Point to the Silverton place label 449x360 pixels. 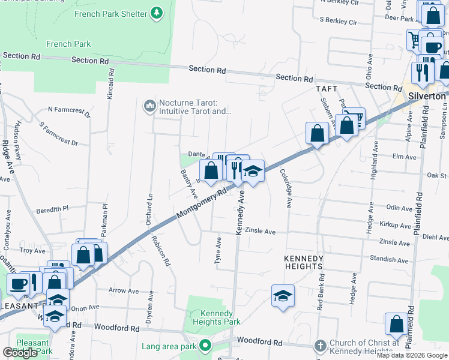click(x=427, y=96)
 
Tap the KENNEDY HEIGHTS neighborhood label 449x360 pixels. click(x=304, y=262)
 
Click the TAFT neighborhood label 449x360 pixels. click(x=327, y=88)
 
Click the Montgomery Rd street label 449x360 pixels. click(x=202, y=205)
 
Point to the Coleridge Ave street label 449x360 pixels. click(x=286, y=188)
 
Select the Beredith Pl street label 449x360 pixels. click(x=52, y=209)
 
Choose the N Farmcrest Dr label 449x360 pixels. click(x=68, y=111)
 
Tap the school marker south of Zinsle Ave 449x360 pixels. click(x=283, y=295)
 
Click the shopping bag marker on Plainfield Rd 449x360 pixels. click(x=397, y=325)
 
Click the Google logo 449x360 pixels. click(x=20, y=353)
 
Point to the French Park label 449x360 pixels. click(x=68, y=44)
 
